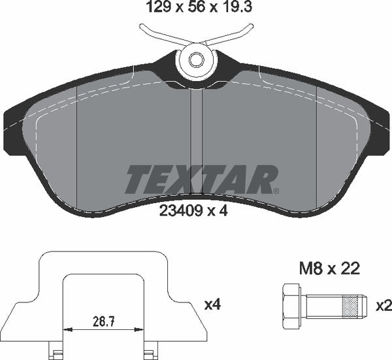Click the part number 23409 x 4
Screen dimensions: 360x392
point(195,210)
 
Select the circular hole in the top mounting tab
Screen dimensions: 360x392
point(196,60)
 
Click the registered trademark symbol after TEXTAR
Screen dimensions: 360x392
point(276,190)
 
